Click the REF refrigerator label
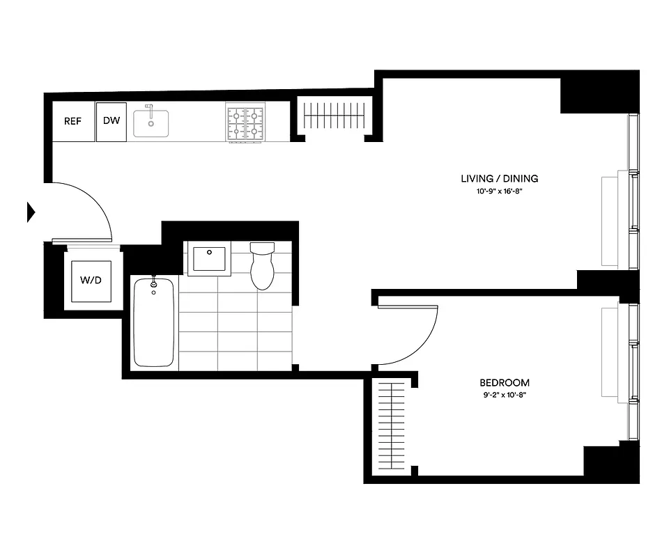(x=73, y=121)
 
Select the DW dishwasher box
(x=111, y=121)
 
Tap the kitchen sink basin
(x=151, y=123)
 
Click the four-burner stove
(x=245, y=123)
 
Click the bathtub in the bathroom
(x=153, y=322)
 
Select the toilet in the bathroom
(x=263, y=265)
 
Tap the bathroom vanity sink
(x=210, y=260)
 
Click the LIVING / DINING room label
(x=499, y=178)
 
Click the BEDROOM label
(x=504, y=382)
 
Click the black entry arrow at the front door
(x=31, y=212)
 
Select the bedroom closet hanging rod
(x=390, y=428)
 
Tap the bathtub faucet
(x=153, y=281)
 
